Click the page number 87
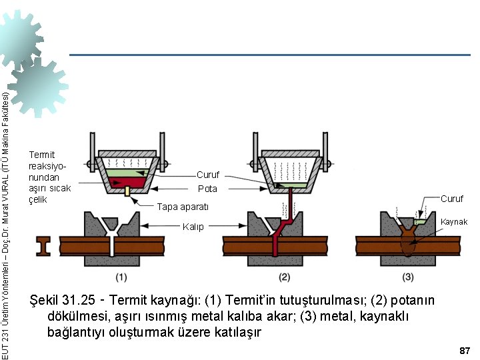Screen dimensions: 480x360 click(x=465, y=350)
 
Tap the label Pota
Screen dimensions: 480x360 click(x=207, y=189)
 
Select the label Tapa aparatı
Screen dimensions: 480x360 click(x=183, y=207)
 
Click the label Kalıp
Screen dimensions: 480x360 click(x=193, y=227)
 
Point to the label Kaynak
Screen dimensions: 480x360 click(x=454, y=222)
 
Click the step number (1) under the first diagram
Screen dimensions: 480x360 click(x=121, y=277)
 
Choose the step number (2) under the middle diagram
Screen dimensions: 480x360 click(x=285, y=277)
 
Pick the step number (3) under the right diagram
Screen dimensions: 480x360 click(x=408, y=277)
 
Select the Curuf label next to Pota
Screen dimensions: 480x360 click(x=207, y=175)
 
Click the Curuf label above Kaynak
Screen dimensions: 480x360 click(x=451, y=199)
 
